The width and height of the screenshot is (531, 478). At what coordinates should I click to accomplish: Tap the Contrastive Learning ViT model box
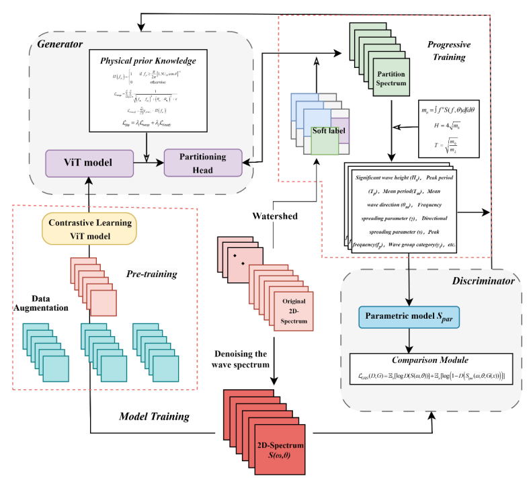(89, 229)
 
